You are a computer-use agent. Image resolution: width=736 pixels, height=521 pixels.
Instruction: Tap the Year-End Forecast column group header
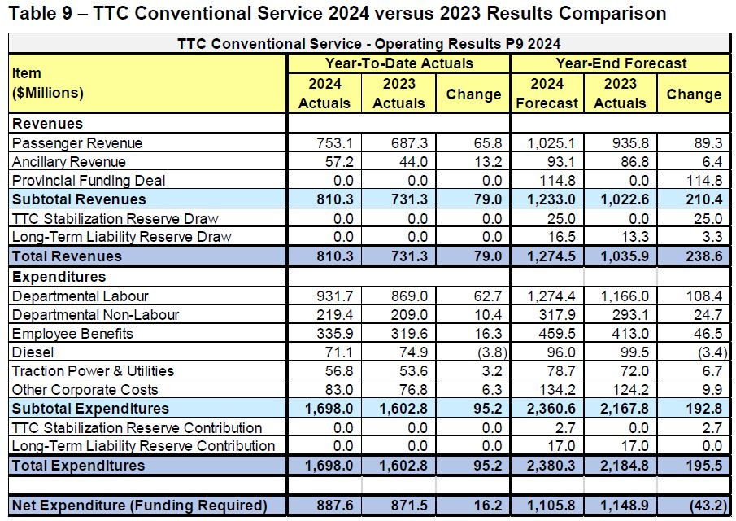pos(621,63)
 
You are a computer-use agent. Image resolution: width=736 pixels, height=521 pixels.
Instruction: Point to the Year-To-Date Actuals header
pos(398,63)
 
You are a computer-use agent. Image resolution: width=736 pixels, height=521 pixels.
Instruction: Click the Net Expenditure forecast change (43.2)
pos(704,506)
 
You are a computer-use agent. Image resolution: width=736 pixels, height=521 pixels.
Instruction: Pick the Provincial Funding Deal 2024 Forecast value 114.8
pos(557,181)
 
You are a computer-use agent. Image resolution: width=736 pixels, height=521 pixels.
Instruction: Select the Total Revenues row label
pos(67,256)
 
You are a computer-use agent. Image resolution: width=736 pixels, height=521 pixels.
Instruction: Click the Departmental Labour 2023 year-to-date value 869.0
pos(409,296)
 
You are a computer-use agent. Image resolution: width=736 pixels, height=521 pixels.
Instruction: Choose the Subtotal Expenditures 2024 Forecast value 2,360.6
pos(550,409)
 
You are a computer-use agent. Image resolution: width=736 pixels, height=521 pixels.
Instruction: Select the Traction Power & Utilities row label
pos(93,371)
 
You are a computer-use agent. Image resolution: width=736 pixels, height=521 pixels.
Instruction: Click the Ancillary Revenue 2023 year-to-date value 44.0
pos(412,162)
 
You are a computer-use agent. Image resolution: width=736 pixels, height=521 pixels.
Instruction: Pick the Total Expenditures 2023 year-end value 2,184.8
pos(623,466)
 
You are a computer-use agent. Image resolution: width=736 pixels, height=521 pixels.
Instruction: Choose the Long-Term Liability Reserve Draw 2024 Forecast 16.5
pos(561,237)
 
